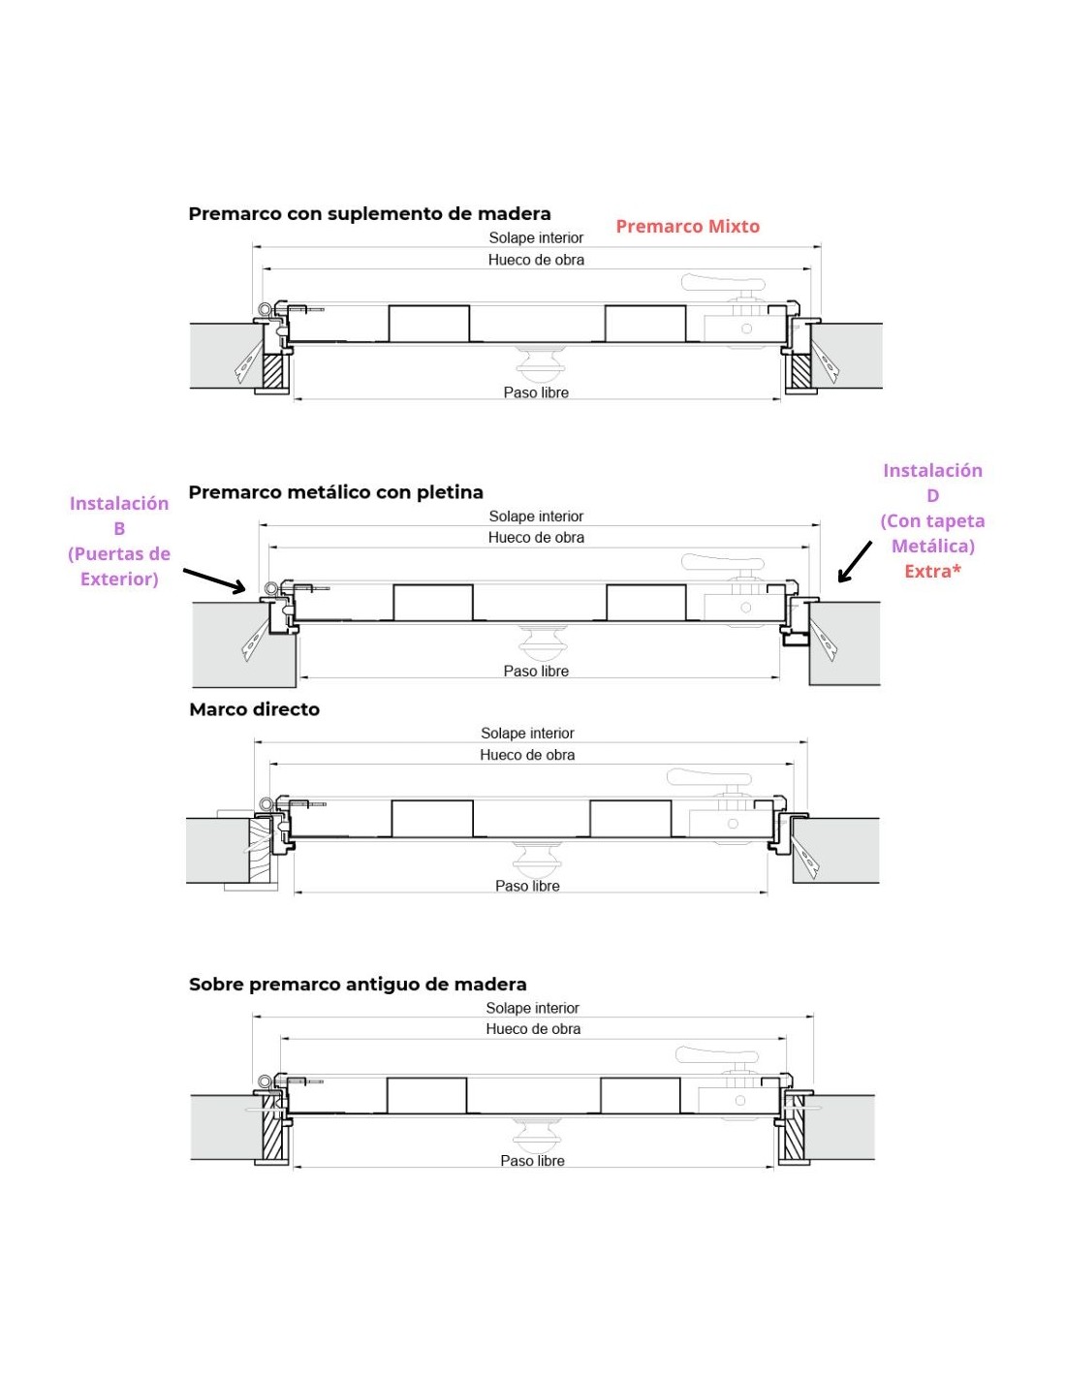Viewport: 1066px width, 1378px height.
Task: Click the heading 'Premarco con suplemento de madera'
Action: pos(369,213)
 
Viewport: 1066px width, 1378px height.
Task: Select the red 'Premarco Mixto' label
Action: pos(687,226)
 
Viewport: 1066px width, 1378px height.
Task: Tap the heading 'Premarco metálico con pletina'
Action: pos(335,492)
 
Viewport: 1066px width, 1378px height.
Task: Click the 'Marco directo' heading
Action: pos(254,709)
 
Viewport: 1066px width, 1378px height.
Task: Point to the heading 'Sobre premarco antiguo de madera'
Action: pos(358,985)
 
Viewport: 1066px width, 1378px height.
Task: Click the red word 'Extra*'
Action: pos(932,572)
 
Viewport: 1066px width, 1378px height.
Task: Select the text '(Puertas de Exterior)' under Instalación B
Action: pos(119,566)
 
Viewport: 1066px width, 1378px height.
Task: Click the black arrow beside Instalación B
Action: pos(214,579)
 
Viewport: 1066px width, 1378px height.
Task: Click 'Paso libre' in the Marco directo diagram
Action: pos(527,886)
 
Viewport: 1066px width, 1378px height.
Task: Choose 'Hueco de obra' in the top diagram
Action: pos(536,260)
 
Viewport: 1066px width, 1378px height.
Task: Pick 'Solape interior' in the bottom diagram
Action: pos(532,1008)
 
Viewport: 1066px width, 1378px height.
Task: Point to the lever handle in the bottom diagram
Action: pos(716,1055)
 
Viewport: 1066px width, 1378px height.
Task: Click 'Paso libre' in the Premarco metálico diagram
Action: pos(536,671)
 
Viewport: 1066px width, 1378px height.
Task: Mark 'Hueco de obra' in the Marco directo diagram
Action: pos(527,755)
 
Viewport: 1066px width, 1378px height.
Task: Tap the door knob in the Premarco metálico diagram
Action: pos(537,642)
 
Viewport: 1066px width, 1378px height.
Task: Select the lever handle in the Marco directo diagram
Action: pos(708,777)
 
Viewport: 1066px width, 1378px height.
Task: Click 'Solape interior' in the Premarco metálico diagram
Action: pos(536,517)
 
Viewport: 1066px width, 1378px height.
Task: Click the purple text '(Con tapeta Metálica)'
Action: pos(932,533)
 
